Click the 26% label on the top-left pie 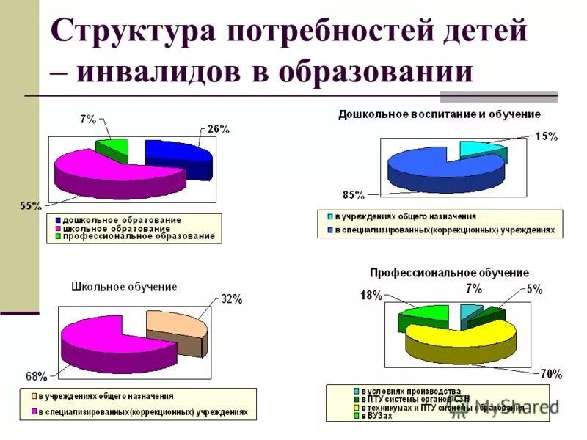click(218, 129)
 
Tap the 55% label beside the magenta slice click(30, 207)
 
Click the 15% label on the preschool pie click(545, 136)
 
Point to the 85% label click(353, 195)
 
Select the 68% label click(37, 377)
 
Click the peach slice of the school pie click(174, 323)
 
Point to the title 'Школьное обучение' click(124, 287)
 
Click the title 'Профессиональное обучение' click(449, 273)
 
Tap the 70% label click(551, 375)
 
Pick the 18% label click(371, 296)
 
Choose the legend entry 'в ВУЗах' click(379, 416)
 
